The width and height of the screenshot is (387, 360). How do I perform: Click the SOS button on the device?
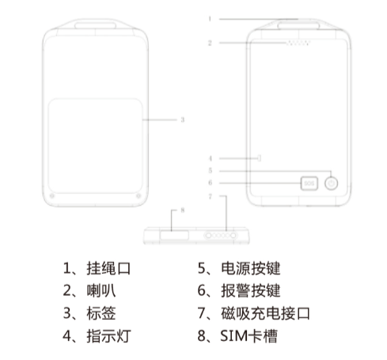[x=309, y=184]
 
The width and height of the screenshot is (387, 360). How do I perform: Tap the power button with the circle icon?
[x=331, y=184]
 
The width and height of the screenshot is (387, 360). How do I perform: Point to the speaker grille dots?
[x=298, y=43]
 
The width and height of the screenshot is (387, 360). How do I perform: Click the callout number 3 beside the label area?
[x=182, y=119]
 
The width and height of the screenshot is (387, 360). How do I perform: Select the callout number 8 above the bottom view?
[x=183, y=210]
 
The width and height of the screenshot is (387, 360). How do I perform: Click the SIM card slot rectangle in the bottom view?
[x=174, y=235]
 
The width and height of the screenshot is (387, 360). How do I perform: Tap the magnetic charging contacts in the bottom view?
[x=221, y=236]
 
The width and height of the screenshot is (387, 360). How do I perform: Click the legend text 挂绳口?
[x=108, y=268]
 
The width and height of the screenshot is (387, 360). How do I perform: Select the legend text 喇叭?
[x=101, y=291]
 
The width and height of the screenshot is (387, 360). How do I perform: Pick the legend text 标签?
[x=101, y=313]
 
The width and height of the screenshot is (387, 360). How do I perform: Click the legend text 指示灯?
[x=108, y=335]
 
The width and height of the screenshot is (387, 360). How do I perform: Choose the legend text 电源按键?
[x=251, y=268]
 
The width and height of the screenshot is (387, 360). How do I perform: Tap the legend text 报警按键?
[x=251, y=291]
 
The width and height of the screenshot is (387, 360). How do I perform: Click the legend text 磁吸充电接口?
[x=265, y=313]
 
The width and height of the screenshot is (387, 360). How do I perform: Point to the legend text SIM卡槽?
[x=249, y=335]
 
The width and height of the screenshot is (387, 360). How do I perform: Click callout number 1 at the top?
[x=210, y=19]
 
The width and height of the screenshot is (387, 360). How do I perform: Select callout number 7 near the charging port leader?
[x=211, y=196]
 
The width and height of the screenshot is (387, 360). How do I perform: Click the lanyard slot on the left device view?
[x=95, y=25]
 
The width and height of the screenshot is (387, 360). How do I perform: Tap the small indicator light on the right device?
[x=260, y=158]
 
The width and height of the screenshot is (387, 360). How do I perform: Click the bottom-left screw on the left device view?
[x=52, y=195]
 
